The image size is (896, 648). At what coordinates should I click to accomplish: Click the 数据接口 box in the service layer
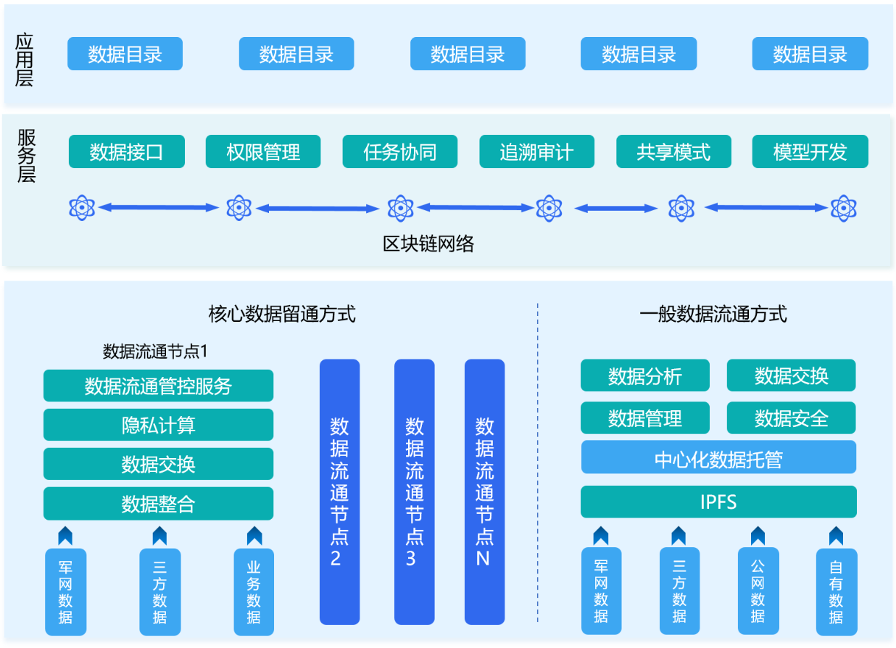pyautogui.click(x=126, y=152)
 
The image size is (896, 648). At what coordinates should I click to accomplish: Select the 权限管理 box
pyautogui.click(x=263, y=152)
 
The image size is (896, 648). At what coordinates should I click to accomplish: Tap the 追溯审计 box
pyautogui.click(x=536, y=152)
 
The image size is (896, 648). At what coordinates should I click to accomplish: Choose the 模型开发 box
pyautogui.click(x=810, y=152)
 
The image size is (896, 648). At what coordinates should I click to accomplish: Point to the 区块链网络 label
pyautogui.click(x=428, y=244)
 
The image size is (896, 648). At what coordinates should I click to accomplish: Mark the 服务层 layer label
pyautogui.click(x=26, y=155)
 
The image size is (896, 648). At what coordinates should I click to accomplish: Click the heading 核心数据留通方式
pyautogui.click(x=282, y=314)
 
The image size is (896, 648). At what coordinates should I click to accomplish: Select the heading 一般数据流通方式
pyautogui.click(x=713, y=314)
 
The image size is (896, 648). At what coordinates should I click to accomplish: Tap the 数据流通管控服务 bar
pyautogui.click(x=158, y=386)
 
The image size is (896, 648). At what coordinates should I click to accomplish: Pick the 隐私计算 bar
pyautogui.click(x=158, y=425)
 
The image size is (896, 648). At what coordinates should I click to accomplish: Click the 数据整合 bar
pyautogui.click(x=158, y=503)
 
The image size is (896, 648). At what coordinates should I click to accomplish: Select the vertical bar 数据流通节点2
pyautogui.click(x=339, y=491)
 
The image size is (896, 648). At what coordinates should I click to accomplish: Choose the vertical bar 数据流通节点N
pyautogui.click(x=484, y=491)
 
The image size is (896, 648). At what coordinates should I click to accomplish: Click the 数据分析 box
pyautogui.click(x=645, y=375)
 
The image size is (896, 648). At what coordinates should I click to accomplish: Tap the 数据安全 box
pyautogui.click(x=791, y=418)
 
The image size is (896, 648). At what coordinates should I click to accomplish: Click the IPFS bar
pyautogui.click(x=718, y=502)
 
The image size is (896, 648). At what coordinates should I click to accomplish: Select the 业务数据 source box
pyautogui.click(x=254, y=591)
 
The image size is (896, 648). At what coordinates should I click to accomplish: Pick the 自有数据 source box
pyautogui.click(x=836, y=591)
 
